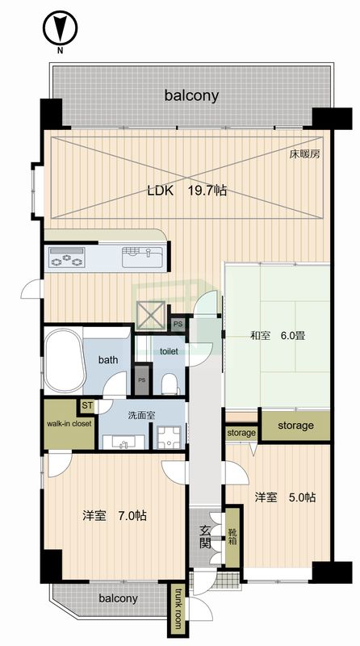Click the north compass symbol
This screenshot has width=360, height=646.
coord(61,28)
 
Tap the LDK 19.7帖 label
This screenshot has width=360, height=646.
coord(187,191)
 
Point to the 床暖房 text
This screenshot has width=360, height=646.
coord(304,155)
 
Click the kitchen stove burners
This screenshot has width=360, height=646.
coord(67,257)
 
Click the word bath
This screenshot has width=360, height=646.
coord(108,359)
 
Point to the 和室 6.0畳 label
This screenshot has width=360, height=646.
coord(278,335)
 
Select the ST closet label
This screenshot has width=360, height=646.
coord(87,406)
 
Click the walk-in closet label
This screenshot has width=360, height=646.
coord(69,423)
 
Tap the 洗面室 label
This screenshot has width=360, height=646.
coord(141,416)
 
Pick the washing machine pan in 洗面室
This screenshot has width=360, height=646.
coord(170,437)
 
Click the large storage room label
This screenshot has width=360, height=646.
coord(295,426)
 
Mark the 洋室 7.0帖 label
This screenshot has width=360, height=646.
coord(115,515)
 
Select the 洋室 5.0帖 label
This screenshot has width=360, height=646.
coord(285,497)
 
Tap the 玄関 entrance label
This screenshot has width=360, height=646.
coord(206,536)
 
